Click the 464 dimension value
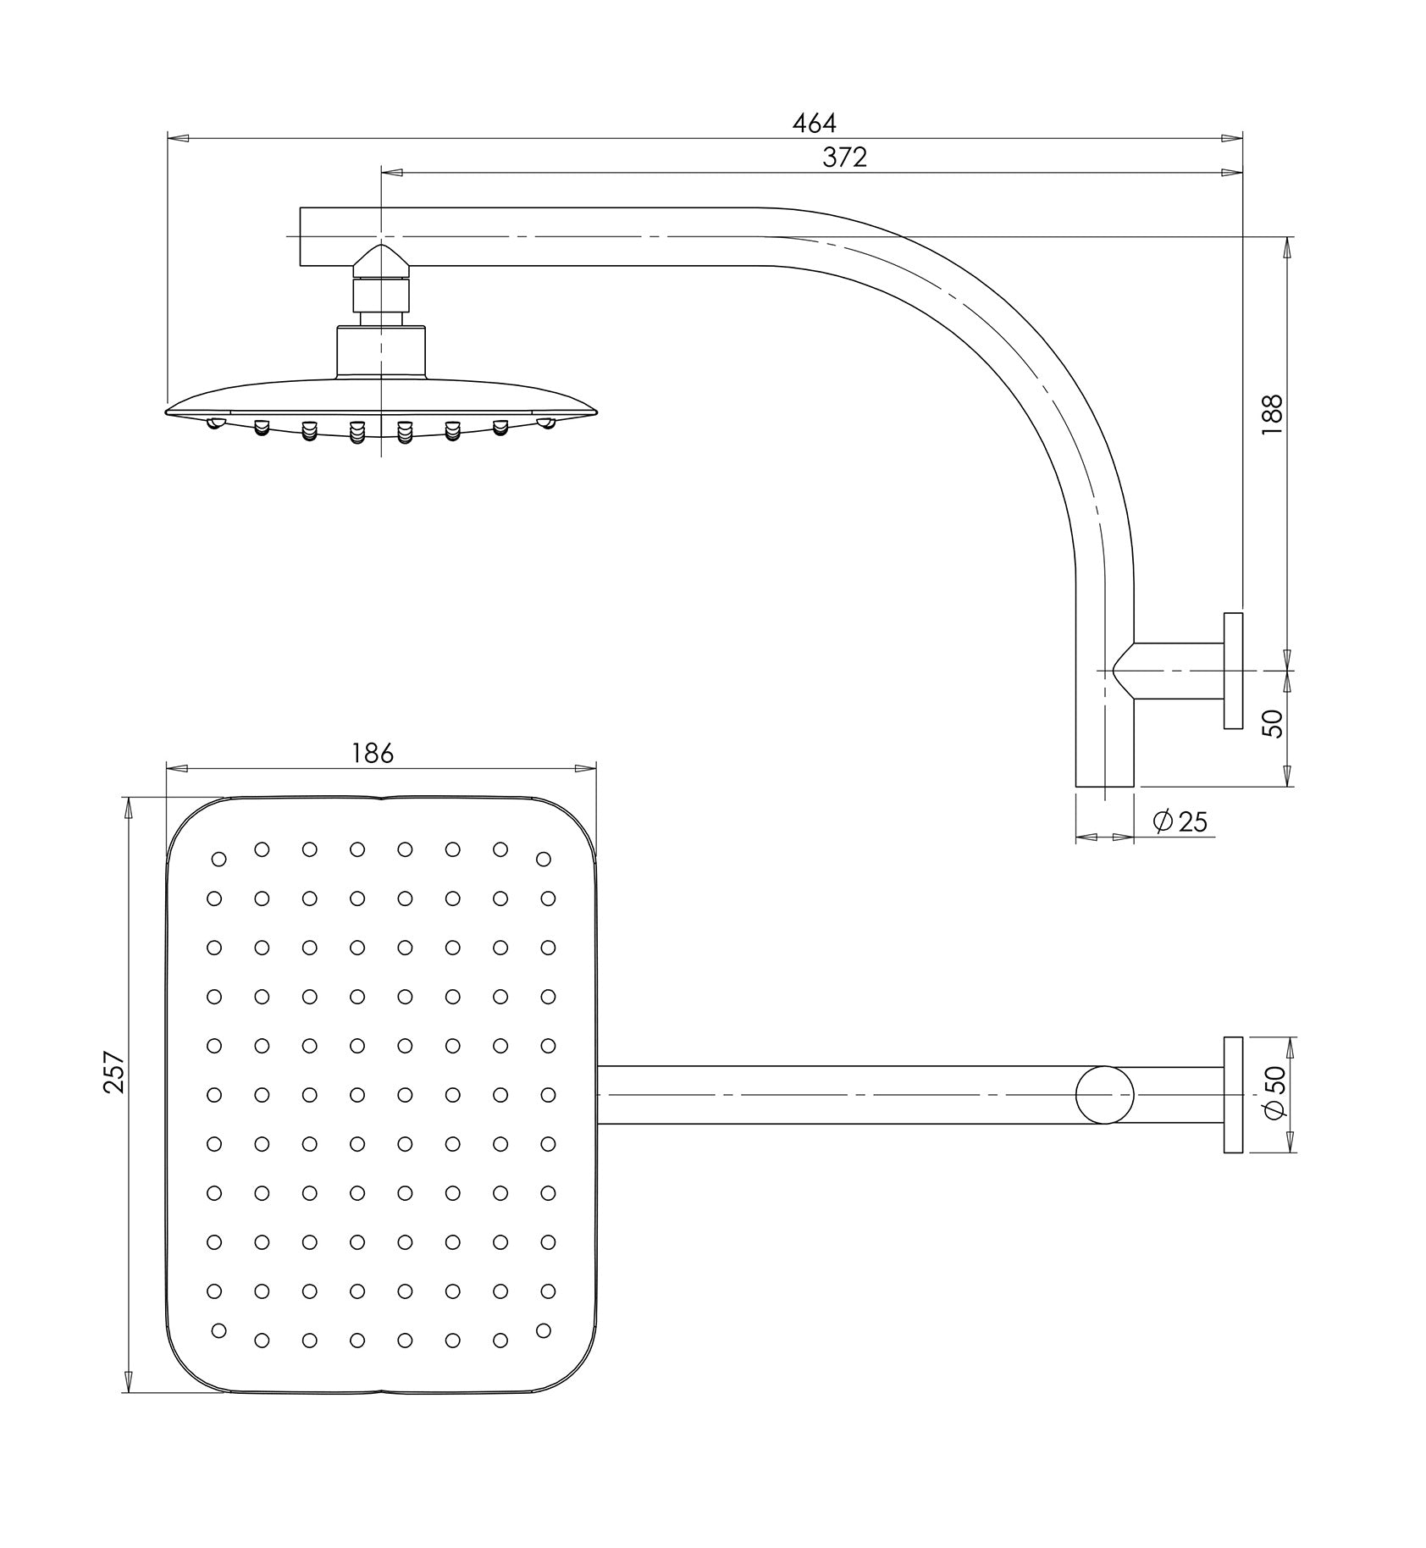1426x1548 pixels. [814, 124]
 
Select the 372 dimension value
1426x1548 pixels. [844, 158]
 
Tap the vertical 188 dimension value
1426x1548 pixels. [1272, 415]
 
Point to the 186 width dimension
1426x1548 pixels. [373, 753]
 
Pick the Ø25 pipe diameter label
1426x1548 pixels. [1180, 821]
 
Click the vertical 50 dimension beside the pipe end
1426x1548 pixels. [1272, 723]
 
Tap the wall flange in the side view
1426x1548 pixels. [1233, 670]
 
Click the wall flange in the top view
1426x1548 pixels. [1233, 1095]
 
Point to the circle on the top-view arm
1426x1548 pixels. [1104, 1095]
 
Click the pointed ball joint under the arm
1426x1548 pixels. [382, 263]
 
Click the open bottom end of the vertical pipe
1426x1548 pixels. [1104, 786]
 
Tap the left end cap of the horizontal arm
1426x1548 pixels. [301, 236]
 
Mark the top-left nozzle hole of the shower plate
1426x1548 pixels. [219, 860]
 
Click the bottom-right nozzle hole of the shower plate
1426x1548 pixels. [544, 1330]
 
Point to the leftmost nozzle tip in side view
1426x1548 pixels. [215, 423]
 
